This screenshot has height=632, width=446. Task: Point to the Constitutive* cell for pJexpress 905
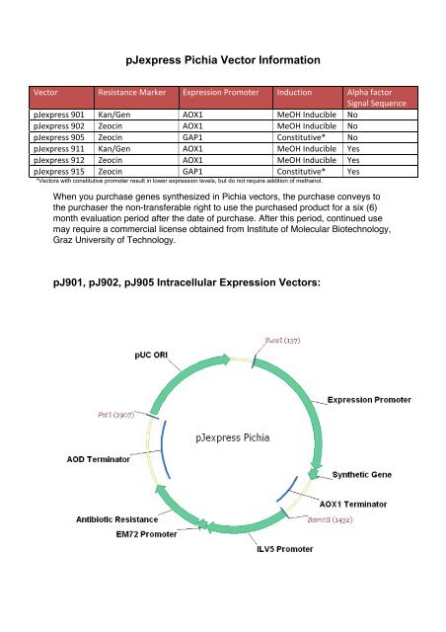click(x=301, y=139)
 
